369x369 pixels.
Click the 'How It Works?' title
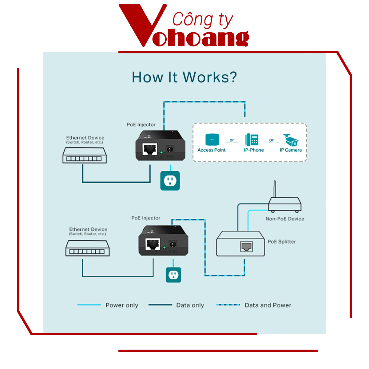184,77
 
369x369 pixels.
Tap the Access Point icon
212,140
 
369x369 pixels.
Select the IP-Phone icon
252,140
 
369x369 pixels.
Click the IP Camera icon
291,140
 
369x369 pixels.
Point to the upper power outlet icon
170,181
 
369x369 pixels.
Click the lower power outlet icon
173,275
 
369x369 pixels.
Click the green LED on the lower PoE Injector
165,247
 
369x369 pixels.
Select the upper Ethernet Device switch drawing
85,155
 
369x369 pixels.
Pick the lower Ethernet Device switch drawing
88,248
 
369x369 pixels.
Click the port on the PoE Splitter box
246,246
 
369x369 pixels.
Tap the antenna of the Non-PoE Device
275,189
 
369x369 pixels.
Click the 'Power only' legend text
122,305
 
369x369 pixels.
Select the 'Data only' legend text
190,305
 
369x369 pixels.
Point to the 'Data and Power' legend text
268,305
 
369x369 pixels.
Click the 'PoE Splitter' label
282,242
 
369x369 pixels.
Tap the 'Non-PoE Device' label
285,219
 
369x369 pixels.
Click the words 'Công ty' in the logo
203,20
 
